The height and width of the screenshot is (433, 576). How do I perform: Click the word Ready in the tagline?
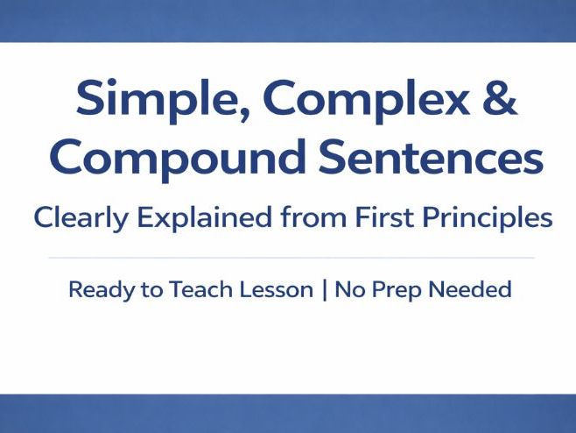point(98,290)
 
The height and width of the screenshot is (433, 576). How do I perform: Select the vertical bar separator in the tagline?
point(325,290)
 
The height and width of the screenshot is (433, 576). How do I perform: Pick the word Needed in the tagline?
point(473,289)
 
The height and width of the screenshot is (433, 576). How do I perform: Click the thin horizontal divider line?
point(290,258)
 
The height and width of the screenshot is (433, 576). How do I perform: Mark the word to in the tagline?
point(143,290)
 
